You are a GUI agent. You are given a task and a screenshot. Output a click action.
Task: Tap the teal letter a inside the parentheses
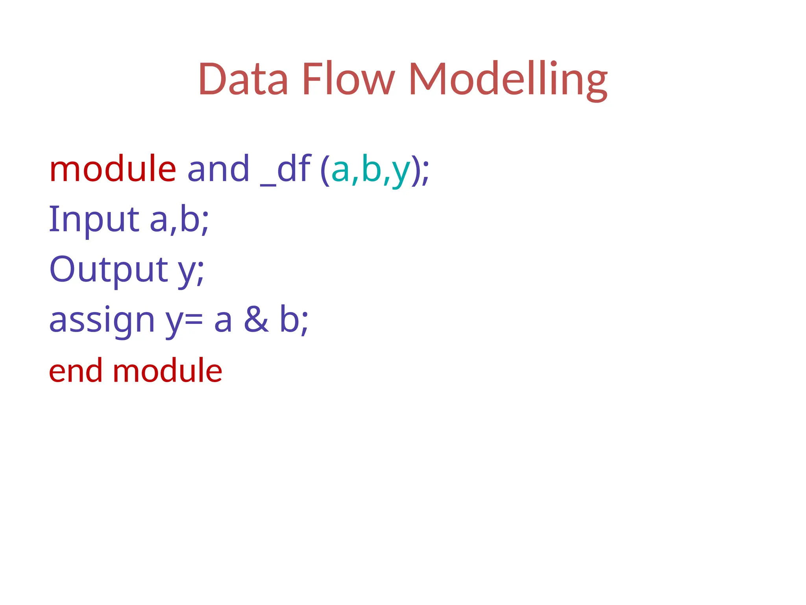coord(340,171)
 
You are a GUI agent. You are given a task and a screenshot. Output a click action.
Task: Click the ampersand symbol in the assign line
coord(256,320)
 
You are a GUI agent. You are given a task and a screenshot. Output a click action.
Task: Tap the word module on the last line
coord(167,371)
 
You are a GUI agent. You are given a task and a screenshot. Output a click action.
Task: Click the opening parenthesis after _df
coord(325,170)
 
